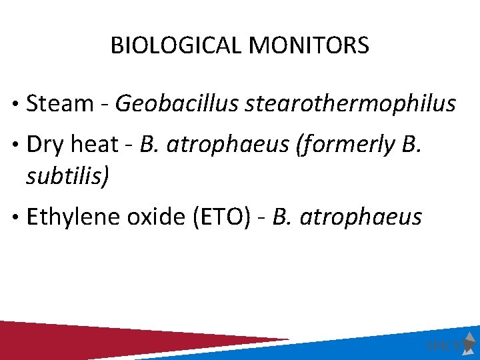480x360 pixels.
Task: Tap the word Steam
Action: pos(60,103)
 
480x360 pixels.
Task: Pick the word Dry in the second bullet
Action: pos(45,145)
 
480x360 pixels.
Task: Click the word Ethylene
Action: pos(76,217)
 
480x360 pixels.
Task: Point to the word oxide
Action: pos(158,217)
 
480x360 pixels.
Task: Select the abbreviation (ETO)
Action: pos(223,217)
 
